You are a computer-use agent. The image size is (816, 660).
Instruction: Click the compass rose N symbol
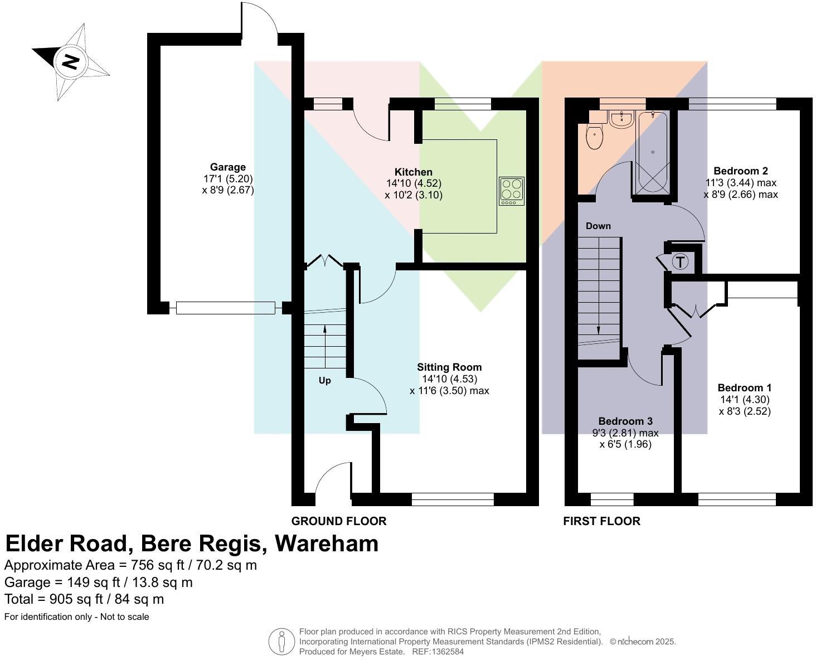tap(70, 61)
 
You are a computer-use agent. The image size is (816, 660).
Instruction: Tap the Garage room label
tap(227, 167)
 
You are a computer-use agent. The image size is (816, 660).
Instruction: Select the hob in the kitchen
tap(512, 191)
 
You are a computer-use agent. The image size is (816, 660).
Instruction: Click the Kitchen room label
tap(413, 172)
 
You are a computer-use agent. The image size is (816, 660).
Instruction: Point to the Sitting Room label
tap(449, 367)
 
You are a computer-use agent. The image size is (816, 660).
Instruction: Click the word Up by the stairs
tap(324, 381)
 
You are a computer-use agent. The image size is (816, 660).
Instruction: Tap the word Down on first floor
tap(598, 226)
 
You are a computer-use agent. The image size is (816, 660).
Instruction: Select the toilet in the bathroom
tap(595, 137)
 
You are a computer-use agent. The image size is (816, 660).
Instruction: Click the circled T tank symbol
tap(680, 262)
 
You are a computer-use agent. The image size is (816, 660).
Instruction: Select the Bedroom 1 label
tap(744, 388)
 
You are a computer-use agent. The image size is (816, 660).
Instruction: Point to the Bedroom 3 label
tap(625, 421)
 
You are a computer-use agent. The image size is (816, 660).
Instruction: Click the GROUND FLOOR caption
tap(339, 521)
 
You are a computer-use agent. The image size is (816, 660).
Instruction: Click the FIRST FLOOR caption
tap(601, 521)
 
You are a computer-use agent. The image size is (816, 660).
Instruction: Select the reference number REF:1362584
tap(438, 651)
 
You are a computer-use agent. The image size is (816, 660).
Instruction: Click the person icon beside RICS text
tap(282, 642)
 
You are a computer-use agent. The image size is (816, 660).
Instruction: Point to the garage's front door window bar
tap(225, 308)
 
